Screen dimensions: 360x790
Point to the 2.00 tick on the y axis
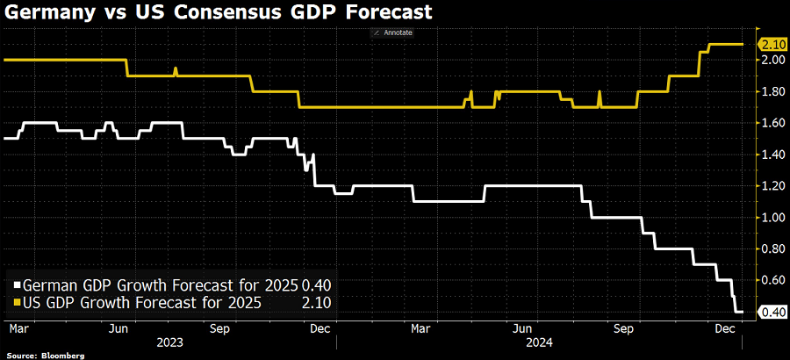[x=772, y=60]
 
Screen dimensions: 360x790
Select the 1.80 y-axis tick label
[x=772, y=91]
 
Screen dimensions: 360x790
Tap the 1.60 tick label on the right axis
[x=772, y=123]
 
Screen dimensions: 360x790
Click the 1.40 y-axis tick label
[x=772, y=155]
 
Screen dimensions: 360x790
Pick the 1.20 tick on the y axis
[x=772, y=186]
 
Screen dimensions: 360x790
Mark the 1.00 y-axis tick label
[x=772, y=218]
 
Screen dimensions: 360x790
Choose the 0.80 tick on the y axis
[x=772, y=249]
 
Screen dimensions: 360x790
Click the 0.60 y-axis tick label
[x=772, y=280]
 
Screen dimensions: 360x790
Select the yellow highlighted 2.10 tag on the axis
[x=773, y=44]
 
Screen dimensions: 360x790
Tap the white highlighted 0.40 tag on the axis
[x=773, y=312]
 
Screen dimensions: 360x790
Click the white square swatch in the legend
[x=17, y=285]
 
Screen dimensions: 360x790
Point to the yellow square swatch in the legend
[x=17, y=303]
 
